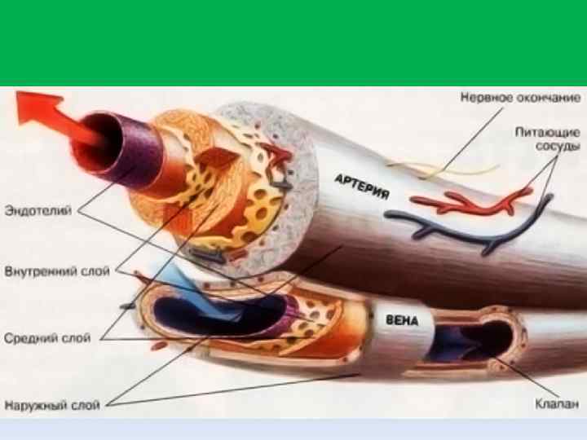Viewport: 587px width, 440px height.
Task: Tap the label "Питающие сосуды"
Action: (x=547, y=139)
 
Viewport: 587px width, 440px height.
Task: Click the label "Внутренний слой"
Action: (x=57, y=271)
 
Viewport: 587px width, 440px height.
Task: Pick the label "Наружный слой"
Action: (x=51, y=403)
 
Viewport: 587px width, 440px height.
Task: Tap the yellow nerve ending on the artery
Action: (x=440, y=168)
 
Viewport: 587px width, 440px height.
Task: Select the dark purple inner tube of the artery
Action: (x=110, y=143)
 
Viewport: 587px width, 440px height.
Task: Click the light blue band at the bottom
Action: (x=293, y=429)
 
